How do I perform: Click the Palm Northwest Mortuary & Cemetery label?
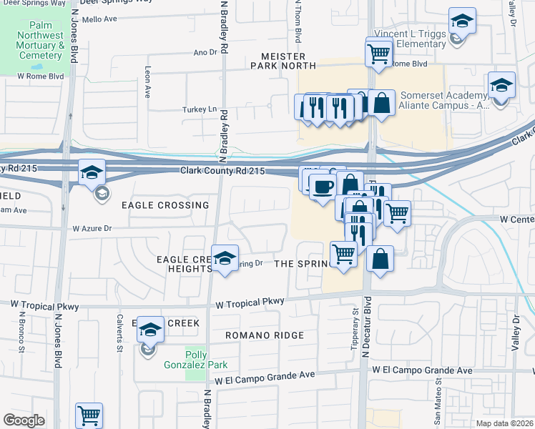41,44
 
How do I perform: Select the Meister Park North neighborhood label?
278,61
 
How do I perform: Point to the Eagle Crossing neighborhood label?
165,205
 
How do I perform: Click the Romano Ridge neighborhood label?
265,335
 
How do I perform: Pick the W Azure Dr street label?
93,229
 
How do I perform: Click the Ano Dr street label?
205,52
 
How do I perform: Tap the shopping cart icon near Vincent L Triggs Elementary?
378,51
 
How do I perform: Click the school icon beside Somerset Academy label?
501,85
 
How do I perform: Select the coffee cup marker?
322,187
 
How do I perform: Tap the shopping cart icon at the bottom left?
89,415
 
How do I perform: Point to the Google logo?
24,420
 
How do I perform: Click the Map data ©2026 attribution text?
506,423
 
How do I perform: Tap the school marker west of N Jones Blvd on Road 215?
92,172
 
